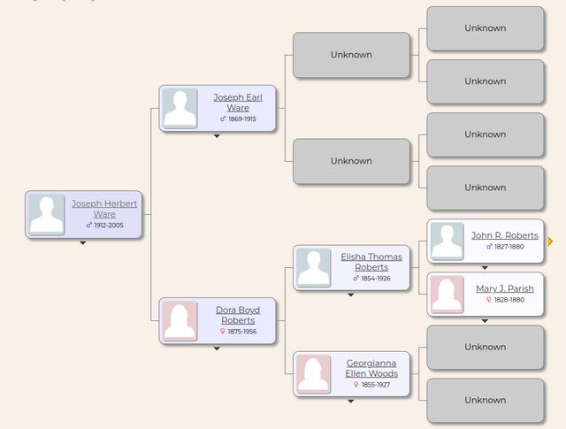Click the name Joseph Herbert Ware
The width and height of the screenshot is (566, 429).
tap(104, 209)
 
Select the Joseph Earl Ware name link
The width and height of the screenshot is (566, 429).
tap(231, 103)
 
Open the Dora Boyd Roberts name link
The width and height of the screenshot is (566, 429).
tap(237, 315)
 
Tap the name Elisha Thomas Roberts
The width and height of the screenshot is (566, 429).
tap(371, 262)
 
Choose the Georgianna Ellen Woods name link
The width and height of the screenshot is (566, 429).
tap(371, 368)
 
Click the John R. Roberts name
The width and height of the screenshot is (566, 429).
tap(504, 235)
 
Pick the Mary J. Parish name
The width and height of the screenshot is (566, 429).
tap(504, 288)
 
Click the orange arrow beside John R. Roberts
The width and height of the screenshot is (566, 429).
tap(550, 241)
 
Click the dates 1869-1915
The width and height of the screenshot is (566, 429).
tap(241, 119)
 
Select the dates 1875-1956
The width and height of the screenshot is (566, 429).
tap(241, 332)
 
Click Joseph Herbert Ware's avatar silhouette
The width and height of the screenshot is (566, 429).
tap(46, 214)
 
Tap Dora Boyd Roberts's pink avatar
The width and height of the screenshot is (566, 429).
tap(180, 321)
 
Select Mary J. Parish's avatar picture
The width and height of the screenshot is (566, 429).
tap(446, 294)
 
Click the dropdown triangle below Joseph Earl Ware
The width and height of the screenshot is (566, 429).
tap(217, 136)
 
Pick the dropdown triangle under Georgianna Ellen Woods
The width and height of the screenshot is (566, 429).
tap(351, 402)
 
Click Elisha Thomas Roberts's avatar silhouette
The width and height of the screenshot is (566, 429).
tap(313, 267)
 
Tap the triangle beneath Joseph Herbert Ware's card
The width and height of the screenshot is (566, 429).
tap(82, 242)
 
